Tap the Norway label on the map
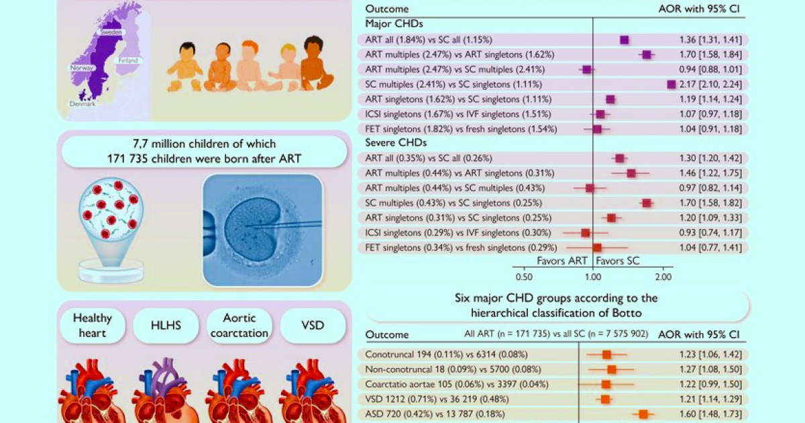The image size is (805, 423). coord(79,68)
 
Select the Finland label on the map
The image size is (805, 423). coord(127,60)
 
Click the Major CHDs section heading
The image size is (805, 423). coord(390,23)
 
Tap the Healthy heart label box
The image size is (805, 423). coord(92,326)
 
